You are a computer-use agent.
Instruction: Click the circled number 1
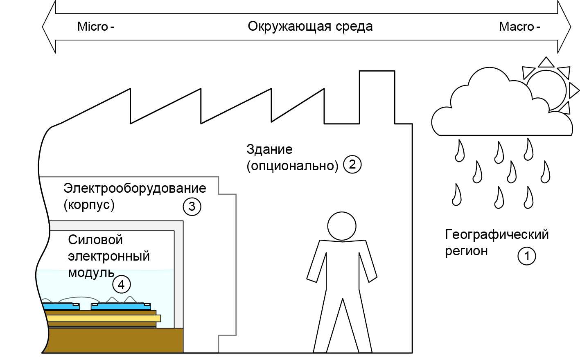click(527, 256)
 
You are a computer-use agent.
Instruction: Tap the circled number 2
click(352, 164)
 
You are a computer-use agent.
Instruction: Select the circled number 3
click(192, 207)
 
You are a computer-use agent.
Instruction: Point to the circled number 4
click(121, 284)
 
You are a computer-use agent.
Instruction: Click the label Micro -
click(96, 27)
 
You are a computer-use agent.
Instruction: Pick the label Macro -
click(519, 27)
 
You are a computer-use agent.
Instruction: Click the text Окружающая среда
click(310, 27)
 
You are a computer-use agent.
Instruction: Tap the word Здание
click(269, 149)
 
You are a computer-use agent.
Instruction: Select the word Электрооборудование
click(135, 188)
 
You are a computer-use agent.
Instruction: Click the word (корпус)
click(89, 205)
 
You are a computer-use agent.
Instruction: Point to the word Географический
click(496, 234)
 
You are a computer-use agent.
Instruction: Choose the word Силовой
click(95, 240)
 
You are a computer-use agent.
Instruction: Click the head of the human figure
click(342, 226)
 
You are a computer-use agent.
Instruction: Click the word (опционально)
click(292, 166)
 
